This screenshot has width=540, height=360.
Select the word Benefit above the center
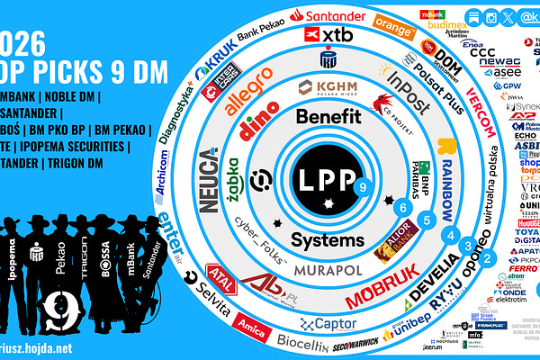tap(328, 117)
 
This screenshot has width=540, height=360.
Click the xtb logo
tap(328, 34)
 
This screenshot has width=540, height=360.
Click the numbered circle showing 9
tap(362, 188)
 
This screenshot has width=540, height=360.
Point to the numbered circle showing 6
tap(405, 208)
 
